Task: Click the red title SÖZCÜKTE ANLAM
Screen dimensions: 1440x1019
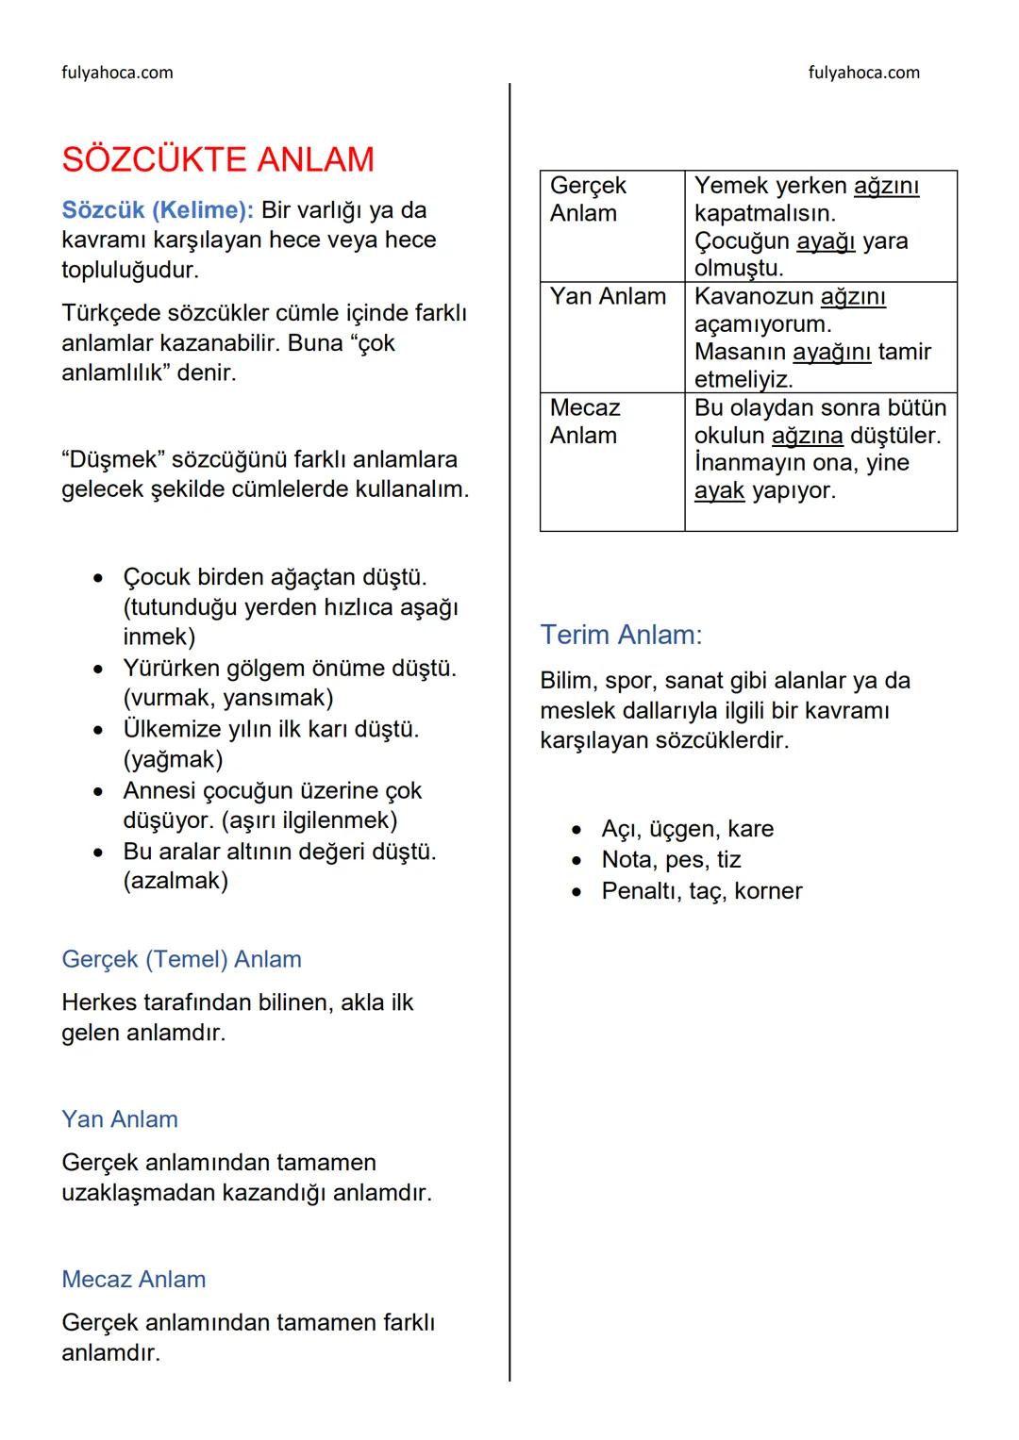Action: [218, 159]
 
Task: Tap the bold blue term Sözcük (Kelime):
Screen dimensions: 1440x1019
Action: [158, 209]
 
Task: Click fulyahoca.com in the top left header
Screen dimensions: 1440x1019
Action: [117, 73]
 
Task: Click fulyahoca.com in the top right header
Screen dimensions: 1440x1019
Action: [863, 73]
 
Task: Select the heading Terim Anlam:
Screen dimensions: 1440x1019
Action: [621, 635]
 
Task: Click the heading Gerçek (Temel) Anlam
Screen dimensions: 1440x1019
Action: [181, 959]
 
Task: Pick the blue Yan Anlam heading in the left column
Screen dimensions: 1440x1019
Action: [120, 1119]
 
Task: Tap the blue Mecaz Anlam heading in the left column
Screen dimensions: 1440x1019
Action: [133, 1280]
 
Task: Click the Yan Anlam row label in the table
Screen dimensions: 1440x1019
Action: [608, 296]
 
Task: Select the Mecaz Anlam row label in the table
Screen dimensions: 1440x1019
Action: [585, 421]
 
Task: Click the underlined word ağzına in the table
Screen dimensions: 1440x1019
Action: [807, 436]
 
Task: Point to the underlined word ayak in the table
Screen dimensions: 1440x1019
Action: [719, 491]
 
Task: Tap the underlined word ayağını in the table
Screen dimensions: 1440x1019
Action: [831, 352]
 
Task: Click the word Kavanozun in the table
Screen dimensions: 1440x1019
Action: [753, 296]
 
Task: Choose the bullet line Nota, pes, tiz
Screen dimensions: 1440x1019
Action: [671, 860]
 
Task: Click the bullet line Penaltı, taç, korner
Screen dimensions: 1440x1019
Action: [701, 891]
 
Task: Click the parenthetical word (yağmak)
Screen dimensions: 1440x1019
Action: [173, 759]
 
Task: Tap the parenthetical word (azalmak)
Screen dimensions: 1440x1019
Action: [175, 881]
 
